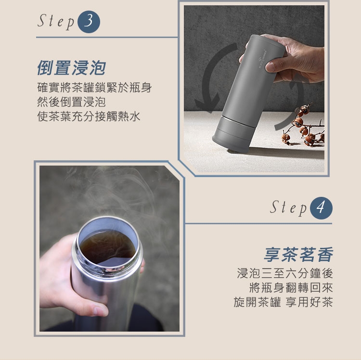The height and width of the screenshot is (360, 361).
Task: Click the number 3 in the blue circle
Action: point(89,21)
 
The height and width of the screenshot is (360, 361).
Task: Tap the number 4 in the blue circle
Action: point(321,207)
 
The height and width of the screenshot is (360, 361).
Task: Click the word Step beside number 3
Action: point(56,21)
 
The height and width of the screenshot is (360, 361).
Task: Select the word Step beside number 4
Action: point(288,208)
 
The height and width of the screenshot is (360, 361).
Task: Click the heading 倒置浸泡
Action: point(72,68)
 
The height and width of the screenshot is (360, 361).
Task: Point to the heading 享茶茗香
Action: point(298,254)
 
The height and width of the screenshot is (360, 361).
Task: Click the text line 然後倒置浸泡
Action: point(71,102)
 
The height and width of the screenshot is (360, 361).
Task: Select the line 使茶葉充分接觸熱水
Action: point(89,116)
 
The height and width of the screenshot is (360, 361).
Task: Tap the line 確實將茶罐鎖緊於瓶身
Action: point(94,88)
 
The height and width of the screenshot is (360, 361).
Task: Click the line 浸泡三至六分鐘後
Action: point(285,273)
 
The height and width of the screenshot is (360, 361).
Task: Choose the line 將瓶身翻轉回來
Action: point(291,288)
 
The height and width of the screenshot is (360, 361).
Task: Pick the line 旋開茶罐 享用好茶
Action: point(283,302)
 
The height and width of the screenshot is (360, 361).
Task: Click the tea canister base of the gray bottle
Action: point(233,133)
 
